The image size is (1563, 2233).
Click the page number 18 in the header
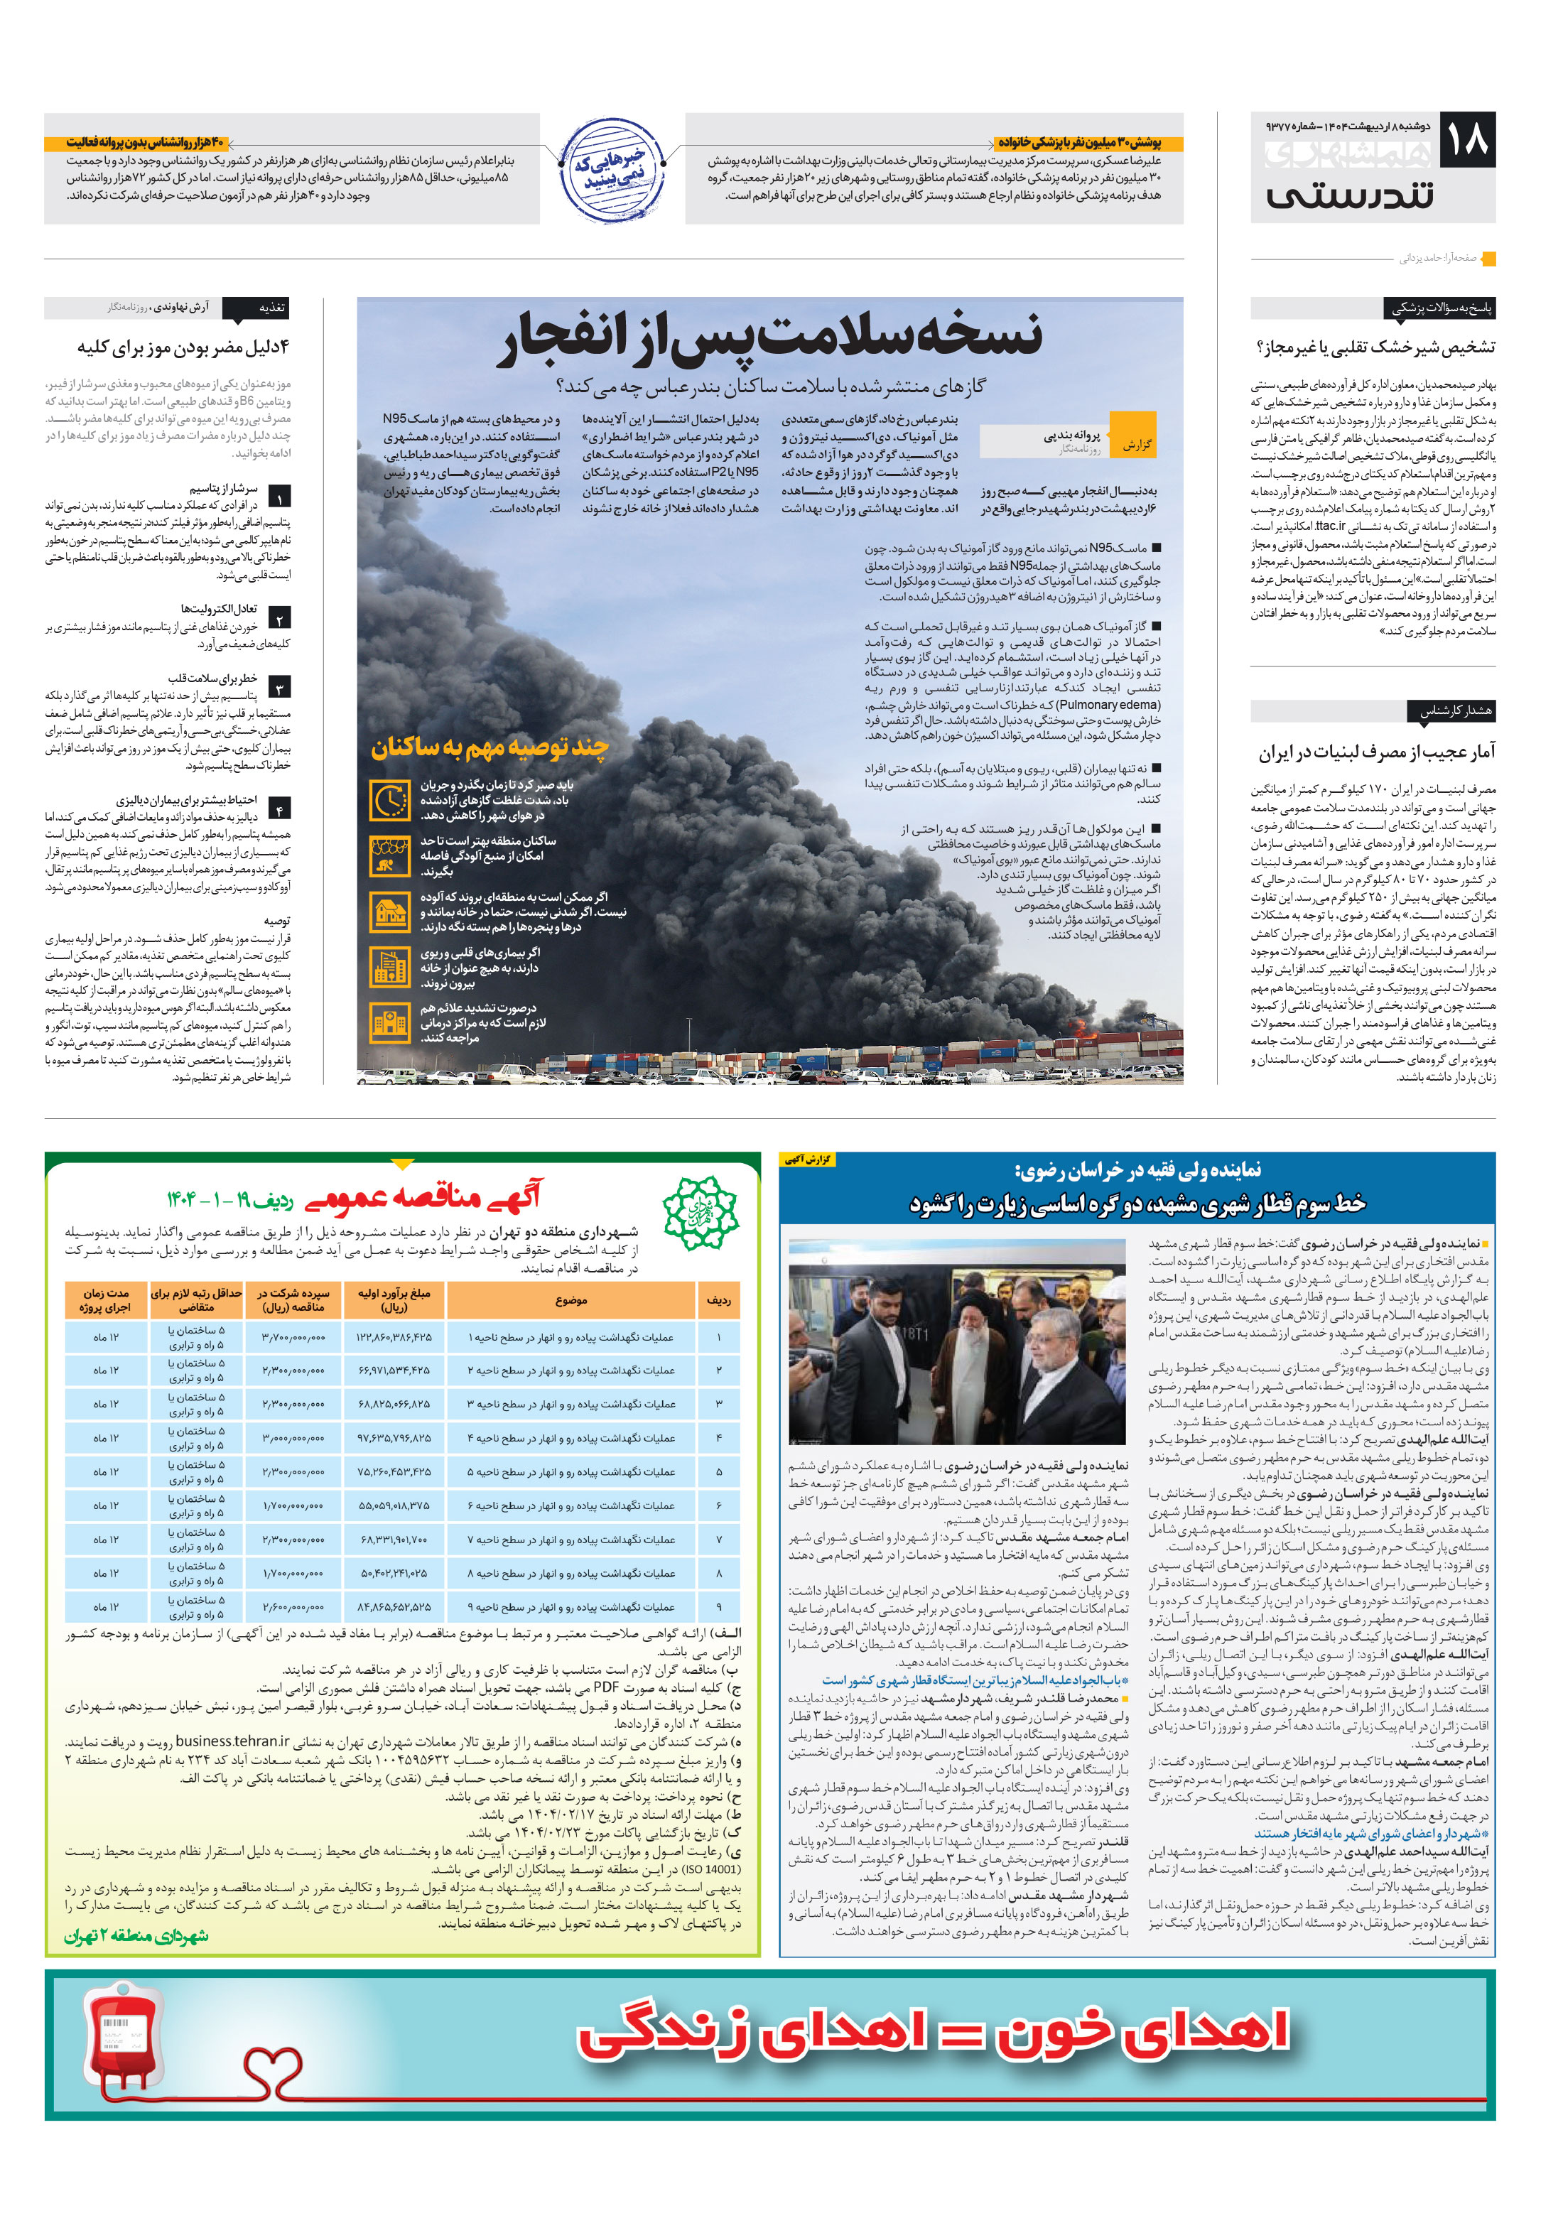click(1468, 139)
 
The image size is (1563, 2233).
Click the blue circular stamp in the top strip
click(612, 171)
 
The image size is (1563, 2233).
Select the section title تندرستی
click(1350, 195)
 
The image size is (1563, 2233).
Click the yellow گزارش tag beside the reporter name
click(1133, 443)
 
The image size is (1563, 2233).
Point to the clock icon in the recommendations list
click(390, 799)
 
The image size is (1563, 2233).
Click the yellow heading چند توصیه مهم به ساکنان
click(490, 747)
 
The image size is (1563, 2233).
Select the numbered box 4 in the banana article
click(279, 809)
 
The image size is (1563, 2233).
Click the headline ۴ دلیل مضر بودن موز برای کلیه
click(184, 347)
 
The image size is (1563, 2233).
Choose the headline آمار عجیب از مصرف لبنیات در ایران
click(1376, 752)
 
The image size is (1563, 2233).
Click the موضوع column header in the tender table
click(571, 1300)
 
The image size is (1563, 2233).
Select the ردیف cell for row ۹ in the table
click(719, 1606)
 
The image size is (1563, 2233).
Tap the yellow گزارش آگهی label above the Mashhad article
click(807, 1159)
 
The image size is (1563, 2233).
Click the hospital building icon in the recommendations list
click(390, 1023)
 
